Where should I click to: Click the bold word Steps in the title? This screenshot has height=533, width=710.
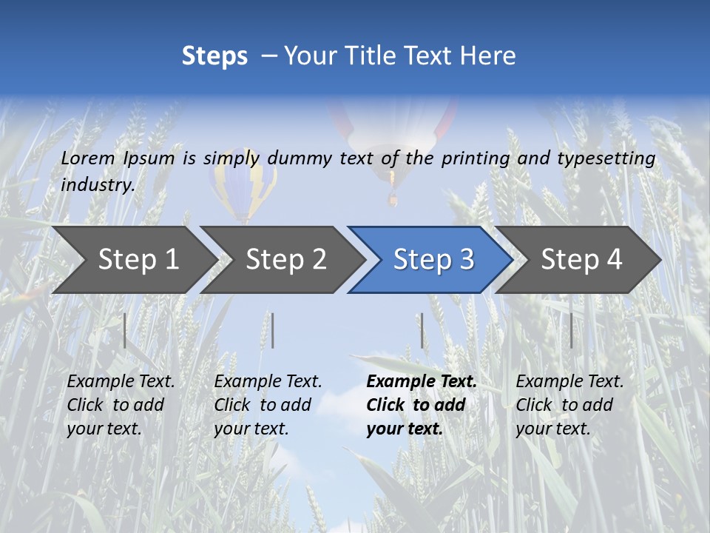coord(214,56)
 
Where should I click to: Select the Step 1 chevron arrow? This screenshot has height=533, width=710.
coord(133,260)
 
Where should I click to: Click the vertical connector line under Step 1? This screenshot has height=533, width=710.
coord(125,330)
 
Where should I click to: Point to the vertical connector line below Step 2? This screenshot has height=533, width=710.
coord(273,330)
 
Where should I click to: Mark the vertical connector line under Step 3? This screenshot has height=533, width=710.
coord(422,330)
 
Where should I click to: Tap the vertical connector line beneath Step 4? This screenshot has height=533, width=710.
coord(571,330)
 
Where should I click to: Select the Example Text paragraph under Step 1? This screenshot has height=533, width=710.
coord(120,405)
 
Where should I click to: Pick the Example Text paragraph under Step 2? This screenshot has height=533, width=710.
coord(267,405)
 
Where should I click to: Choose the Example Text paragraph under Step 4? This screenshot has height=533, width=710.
coord(569,405)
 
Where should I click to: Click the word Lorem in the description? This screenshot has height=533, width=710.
coord(88,158)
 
